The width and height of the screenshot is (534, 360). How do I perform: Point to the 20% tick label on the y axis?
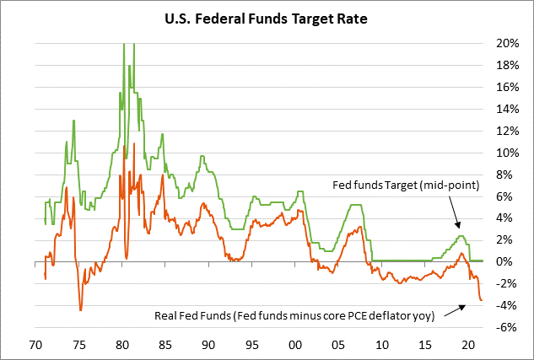tap(507, 43)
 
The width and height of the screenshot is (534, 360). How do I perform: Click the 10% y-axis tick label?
tap(507, 153)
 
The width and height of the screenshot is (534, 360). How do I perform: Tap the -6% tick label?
tap(507, 327)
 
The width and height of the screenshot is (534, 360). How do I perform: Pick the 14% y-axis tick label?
tap(507, 109)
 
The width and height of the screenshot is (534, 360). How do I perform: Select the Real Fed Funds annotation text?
tap(294, 316)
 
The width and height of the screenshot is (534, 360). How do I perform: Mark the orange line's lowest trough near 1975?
tap(81, 310)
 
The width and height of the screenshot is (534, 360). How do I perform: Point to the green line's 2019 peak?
tap(461, 236)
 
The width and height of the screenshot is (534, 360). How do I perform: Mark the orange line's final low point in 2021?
tap(482, 300)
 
